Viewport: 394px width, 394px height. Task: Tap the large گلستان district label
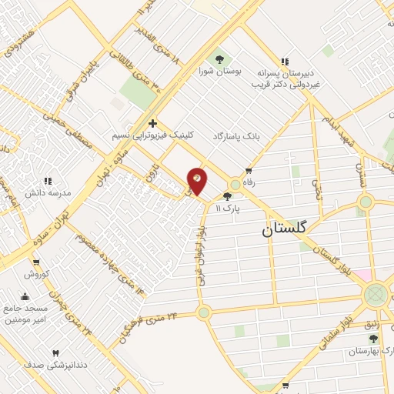[284, 228]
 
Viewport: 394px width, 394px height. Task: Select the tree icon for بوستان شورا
[219, 58]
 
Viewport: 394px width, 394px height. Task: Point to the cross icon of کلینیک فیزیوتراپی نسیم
[153, 123]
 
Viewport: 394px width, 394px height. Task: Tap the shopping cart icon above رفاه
[249, 171]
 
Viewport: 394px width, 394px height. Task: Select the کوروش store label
[35, 275]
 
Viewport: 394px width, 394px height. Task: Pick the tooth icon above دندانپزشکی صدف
[55, 353]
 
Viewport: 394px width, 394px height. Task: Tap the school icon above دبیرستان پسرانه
[285, 62]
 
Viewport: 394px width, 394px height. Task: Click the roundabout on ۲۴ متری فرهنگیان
[203, 312]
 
